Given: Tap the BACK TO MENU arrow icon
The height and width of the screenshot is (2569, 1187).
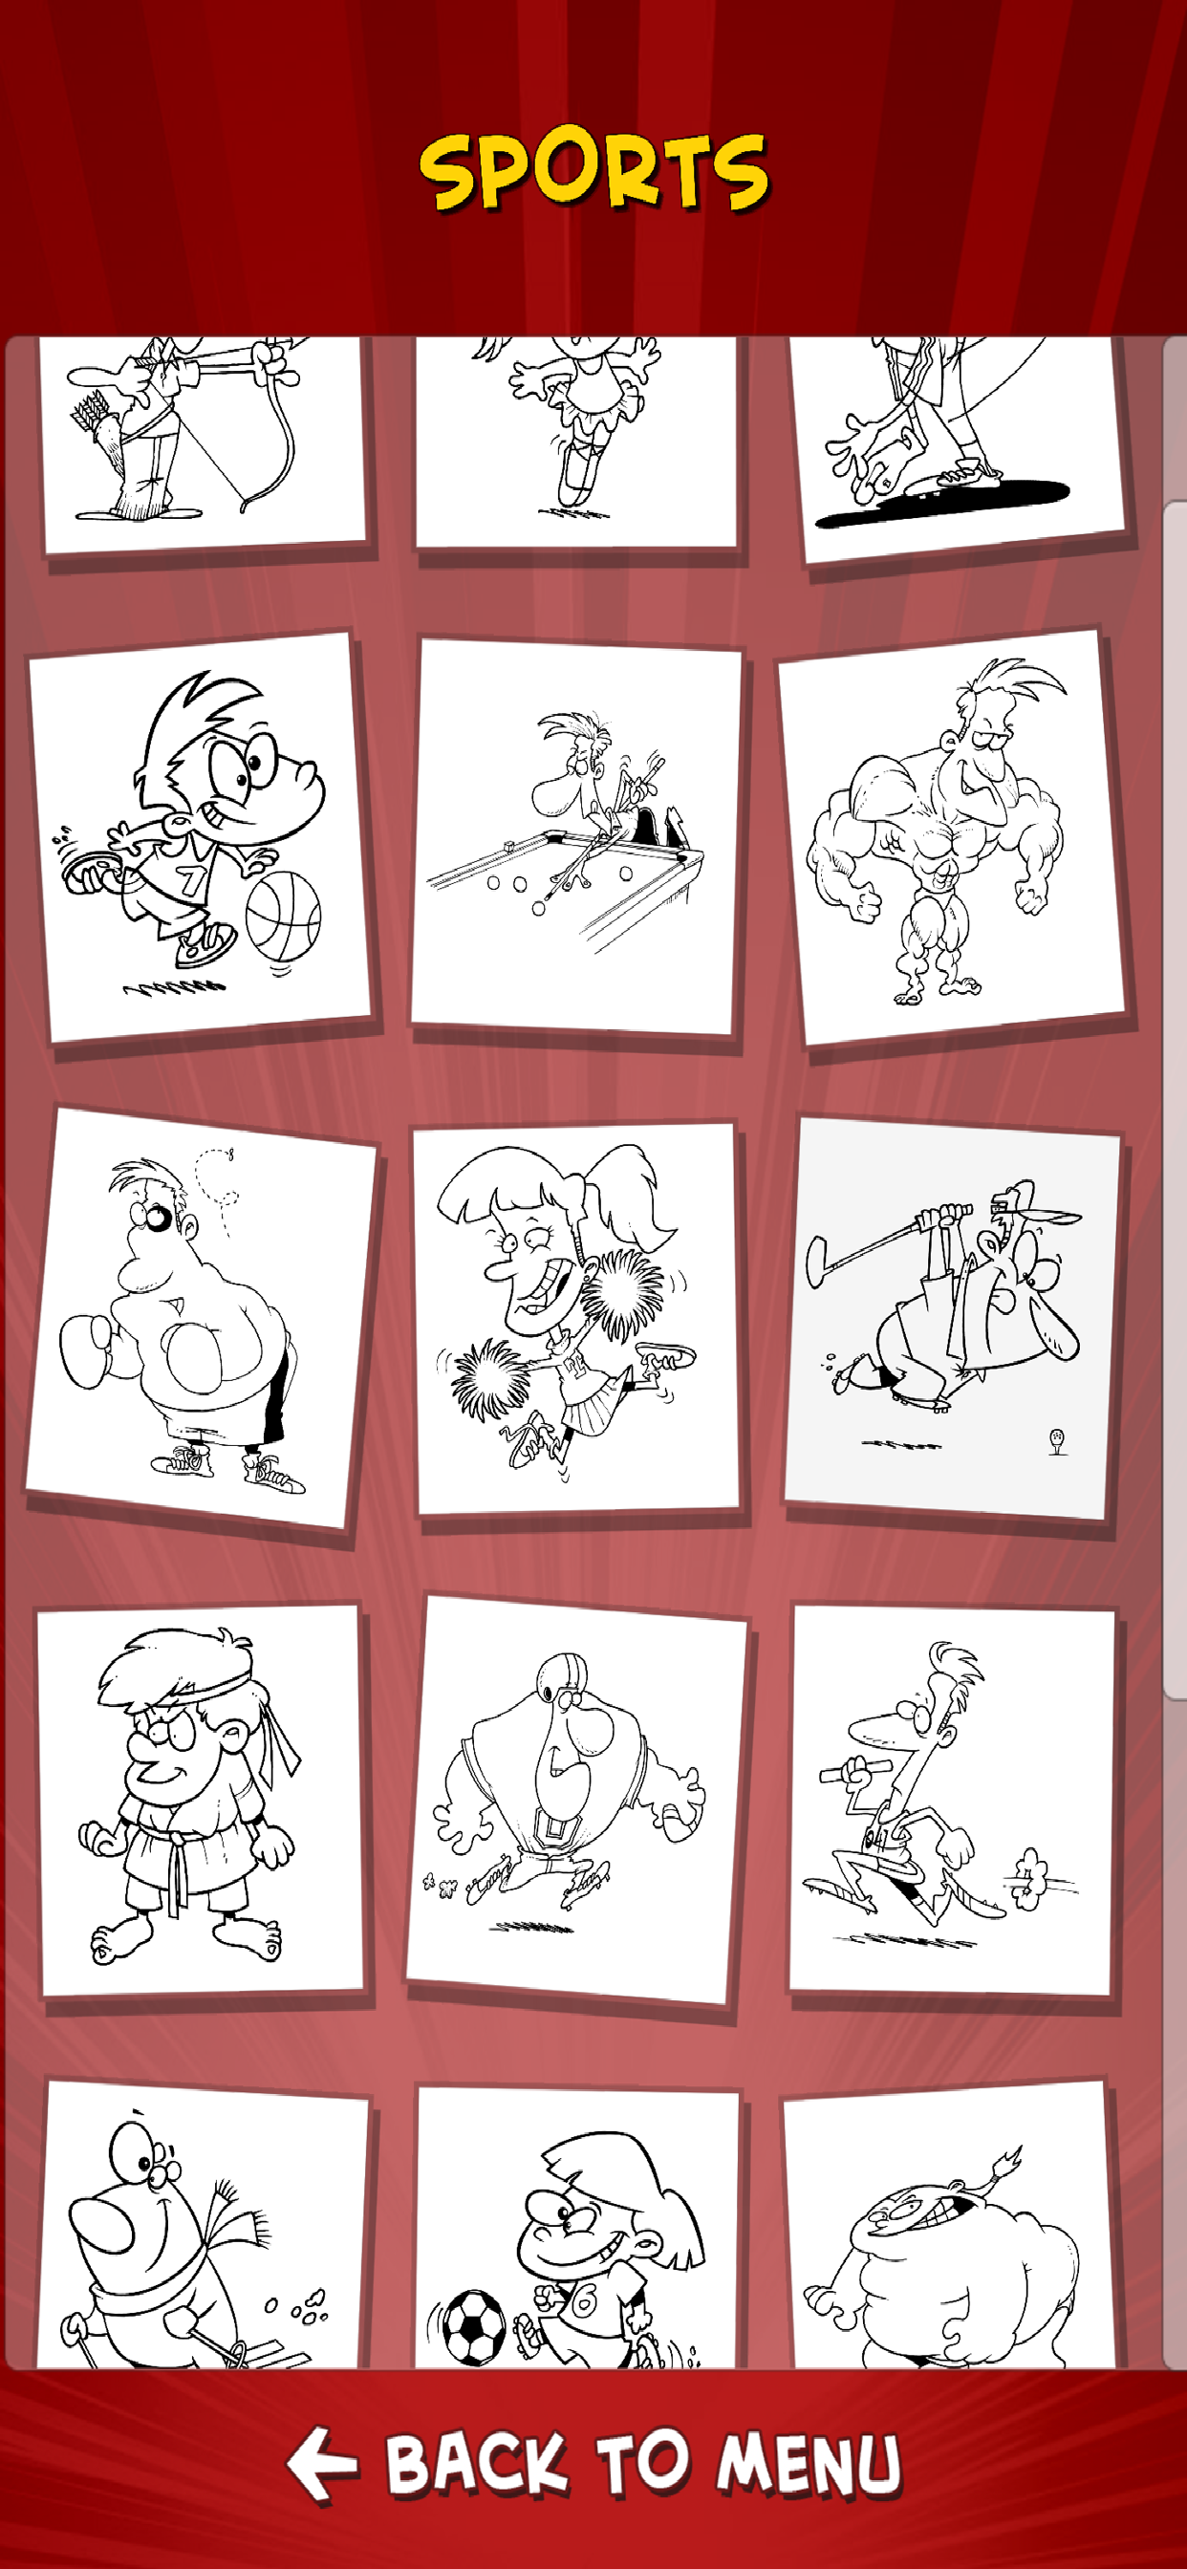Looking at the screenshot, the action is pos(321,2463).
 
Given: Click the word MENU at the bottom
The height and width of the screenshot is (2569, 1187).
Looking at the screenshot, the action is pos(809,2463).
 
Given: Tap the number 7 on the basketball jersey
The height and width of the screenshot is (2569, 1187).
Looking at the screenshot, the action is pos(190,878).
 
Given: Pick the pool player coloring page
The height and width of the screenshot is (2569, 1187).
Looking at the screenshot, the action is pos(576,835).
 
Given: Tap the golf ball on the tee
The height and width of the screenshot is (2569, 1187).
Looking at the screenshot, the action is pos(1057,1436).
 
